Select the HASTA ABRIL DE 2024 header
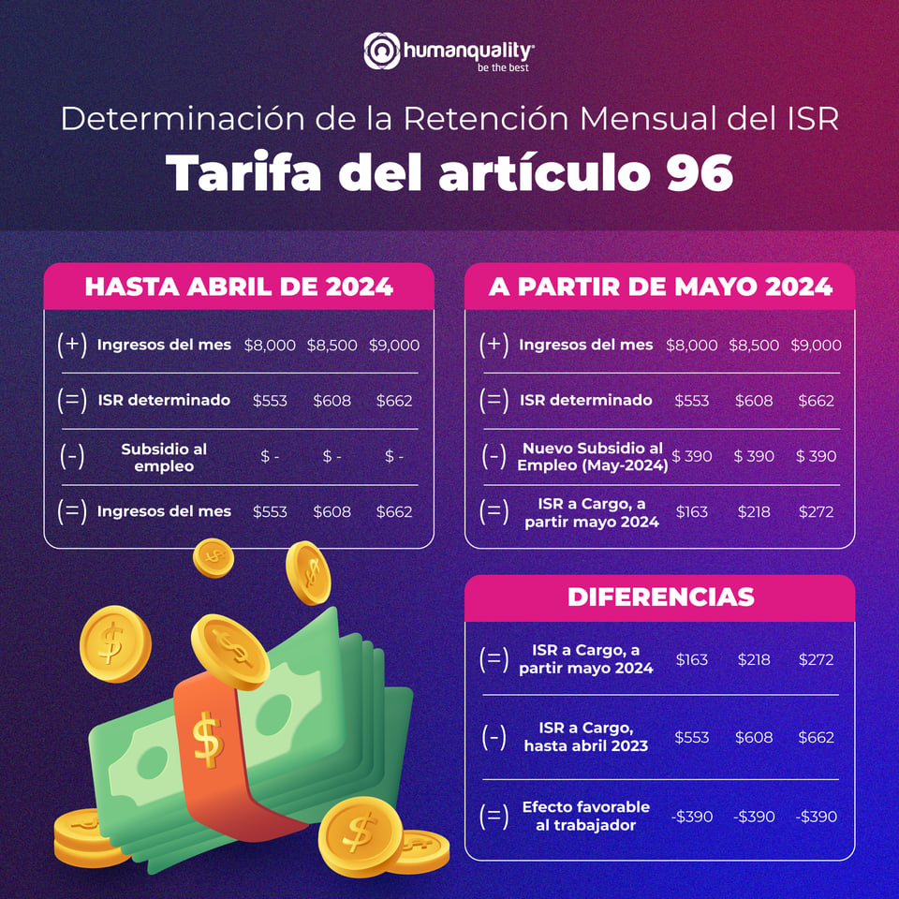(x=239, y=287)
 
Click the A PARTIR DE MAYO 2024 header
(x=660, y=287)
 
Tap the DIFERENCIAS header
(x=660, y=597)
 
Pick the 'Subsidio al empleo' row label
(x=164, y=457)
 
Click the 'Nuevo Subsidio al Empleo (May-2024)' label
(x=592, y=457)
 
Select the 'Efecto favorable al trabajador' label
(x=585, y=816)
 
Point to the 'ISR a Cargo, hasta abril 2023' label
(x=585, y=737)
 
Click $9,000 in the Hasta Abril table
(x=393, y=345)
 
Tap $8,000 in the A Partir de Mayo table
(x=691, y=345)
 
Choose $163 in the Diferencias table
(x=691, y=659)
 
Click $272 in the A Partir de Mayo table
(x=816, y=512)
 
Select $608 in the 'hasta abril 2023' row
(x=754, y=737)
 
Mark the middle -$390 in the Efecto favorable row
(x=754, y=817)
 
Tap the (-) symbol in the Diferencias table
(x=494, y=737)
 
